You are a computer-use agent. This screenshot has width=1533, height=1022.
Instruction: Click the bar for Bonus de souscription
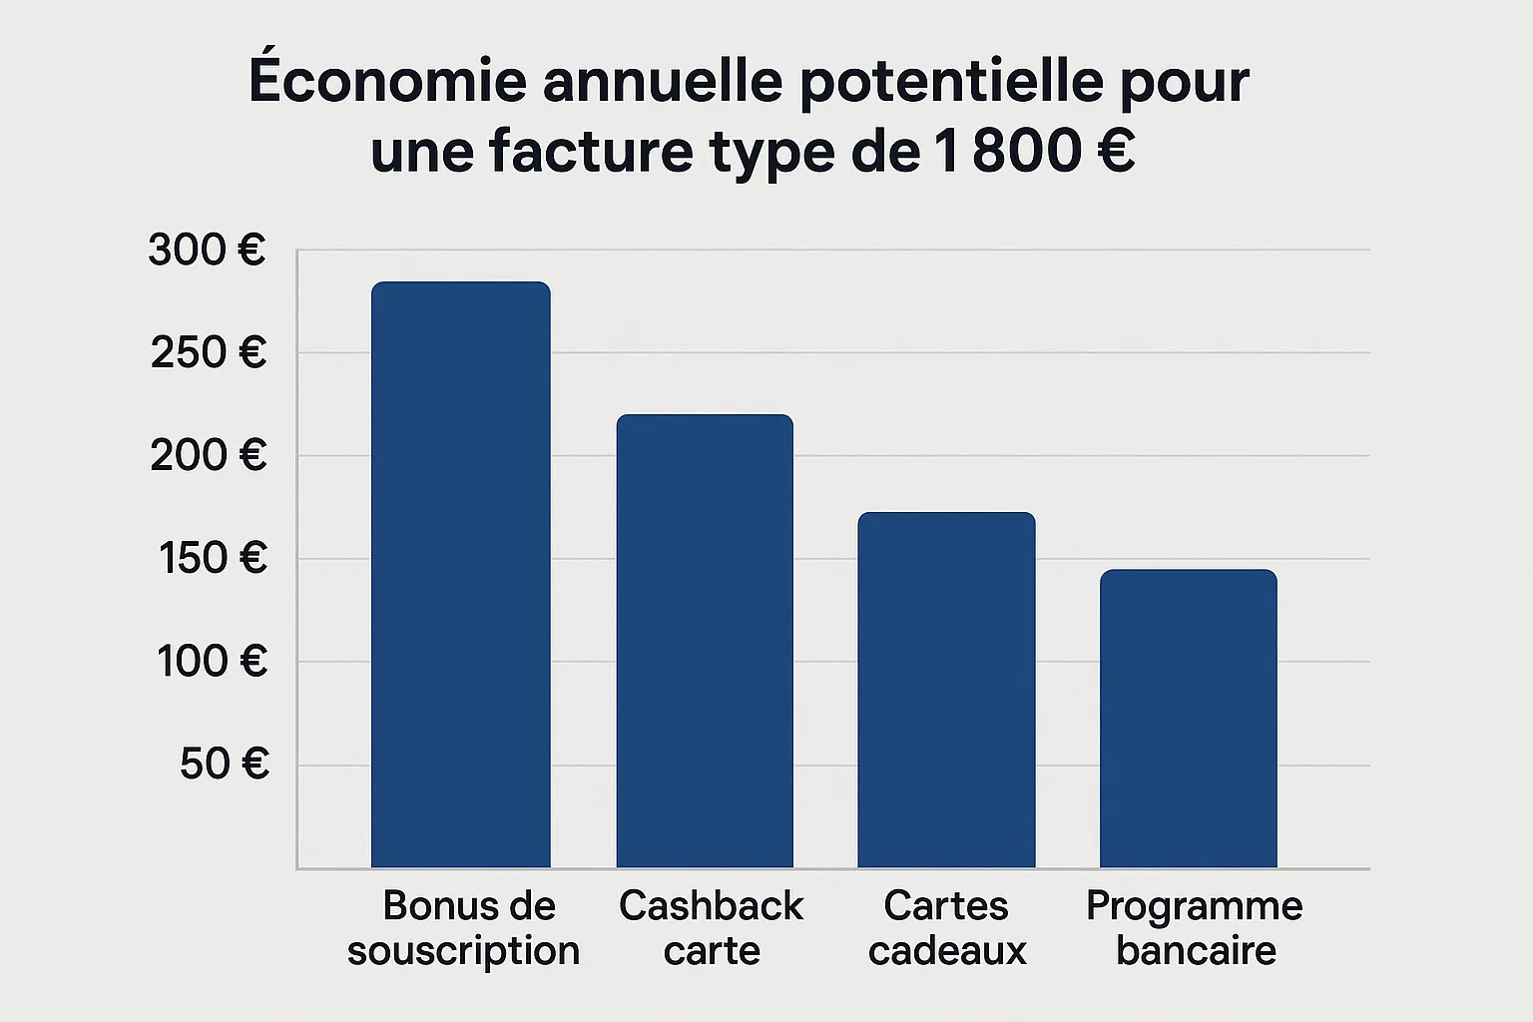(460, 575)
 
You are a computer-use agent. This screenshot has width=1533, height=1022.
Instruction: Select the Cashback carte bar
(705, 641)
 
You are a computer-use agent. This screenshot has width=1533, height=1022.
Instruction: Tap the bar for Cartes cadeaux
(946, 690)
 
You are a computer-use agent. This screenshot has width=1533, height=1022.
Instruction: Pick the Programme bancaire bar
(1188, 719)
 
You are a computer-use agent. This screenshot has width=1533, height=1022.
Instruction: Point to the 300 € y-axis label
(208, 251)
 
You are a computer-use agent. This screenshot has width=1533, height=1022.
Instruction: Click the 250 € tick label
(209, 353)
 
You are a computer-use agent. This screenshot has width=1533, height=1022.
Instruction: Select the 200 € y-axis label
(209, 456)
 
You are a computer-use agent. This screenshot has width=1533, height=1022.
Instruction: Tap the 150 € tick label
(213, 559)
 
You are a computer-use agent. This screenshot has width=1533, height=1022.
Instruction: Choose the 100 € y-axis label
(213, 662)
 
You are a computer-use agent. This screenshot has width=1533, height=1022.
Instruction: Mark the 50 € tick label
(225, 765)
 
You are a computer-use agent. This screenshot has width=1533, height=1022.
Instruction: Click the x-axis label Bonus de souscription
(464, 928)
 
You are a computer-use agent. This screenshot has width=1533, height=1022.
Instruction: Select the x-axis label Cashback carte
(711, 928)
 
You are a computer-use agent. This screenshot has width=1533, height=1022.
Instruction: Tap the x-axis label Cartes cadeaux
(947, 928)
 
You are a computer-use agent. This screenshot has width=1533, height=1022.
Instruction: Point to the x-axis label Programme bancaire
(1195, 928)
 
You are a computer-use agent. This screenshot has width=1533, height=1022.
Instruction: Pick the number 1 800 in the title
(1008, 152)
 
